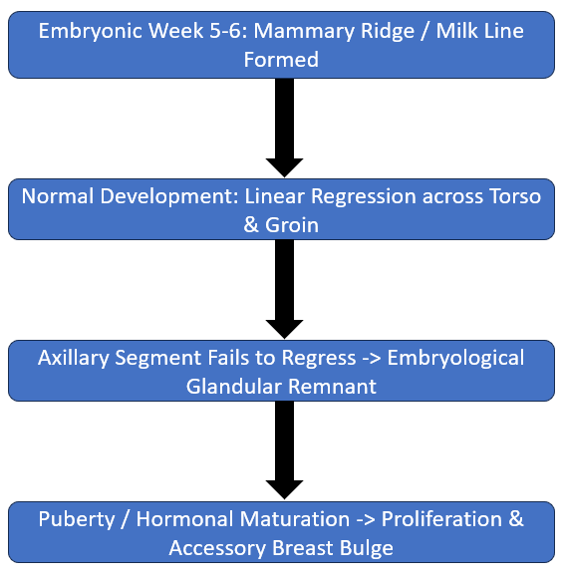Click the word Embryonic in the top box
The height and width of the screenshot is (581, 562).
point(91,32)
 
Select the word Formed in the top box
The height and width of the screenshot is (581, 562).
point(281,60)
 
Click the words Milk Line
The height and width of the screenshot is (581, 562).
point(479,30)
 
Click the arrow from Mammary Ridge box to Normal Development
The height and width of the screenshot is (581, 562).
point(285,128)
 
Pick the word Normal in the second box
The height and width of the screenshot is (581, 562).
point(58,196)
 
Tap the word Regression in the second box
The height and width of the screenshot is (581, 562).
point(363,197)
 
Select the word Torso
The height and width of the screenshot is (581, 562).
point(514,196)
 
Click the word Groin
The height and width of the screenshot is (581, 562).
point(292,225)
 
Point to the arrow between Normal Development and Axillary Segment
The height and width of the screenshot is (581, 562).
point(285,289)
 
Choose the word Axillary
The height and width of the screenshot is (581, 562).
point(74,359)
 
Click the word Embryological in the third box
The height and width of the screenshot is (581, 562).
point(455,359)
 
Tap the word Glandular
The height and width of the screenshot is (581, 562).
point(234,387)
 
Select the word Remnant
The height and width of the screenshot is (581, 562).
point(332,387)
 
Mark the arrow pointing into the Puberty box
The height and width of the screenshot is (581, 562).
point(285,450)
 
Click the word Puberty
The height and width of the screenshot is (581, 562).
point(77,519)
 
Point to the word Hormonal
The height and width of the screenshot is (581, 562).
point(184,519)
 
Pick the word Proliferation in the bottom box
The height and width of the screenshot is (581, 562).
point(441,519)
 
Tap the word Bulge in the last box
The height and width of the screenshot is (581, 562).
point(366,548)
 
